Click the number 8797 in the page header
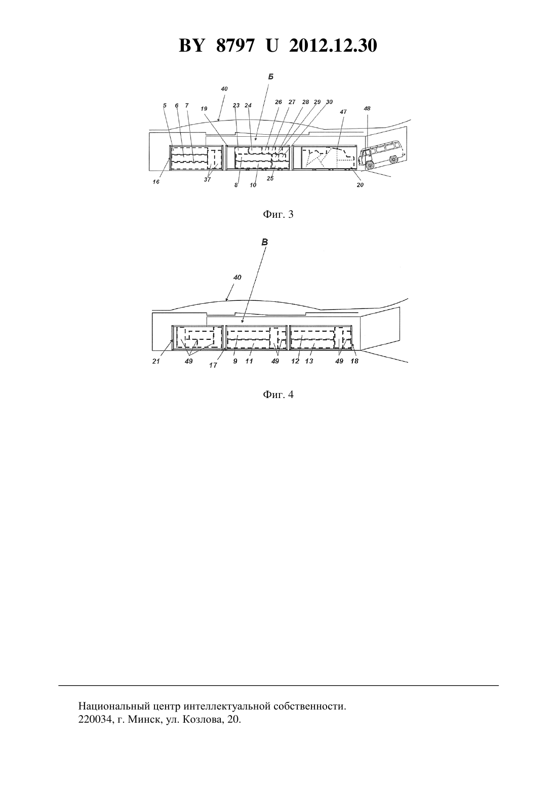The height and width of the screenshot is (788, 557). (x=234, y=46)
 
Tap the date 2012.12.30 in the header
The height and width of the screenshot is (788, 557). (x=333, y=46)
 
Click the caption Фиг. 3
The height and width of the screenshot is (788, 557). (x=278, y=214)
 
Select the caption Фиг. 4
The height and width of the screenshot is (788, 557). (x=278, y=395)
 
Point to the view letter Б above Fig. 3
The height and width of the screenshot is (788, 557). (x=271, y=76)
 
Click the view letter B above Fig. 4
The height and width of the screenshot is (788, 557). (x=265, y=242)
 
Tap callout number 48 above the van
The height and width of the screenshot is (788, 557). (x=367, y=108)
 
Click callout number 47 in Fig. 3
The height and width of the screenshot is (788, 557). (x=343, y=112)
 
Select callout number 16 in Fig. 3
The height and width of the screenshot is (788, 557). (x=156, y=182)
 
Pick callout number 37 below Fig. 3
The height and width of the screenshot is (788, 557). (x=207, y=179)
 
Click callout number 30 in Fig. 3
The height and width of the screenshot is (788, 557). (x=329, y=102)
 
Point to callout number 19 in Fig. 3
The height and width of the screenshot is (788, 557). (x=204, y=109)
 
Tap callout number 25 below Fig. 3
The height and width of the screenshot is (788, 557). (x=270, y=178)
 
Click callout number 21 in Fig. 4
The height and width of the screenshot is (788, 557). (x=156, y=361)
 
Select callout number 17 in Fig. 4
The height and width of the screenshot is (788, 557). (x=213, y=366)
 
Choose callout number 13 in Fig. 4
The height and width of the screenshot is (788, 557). (x=309, y=361)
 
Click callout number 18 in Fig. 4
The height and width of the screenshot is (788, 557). (x=354, y=361)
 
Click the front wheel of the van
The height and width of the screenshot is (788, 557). (x=370, y=165)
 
